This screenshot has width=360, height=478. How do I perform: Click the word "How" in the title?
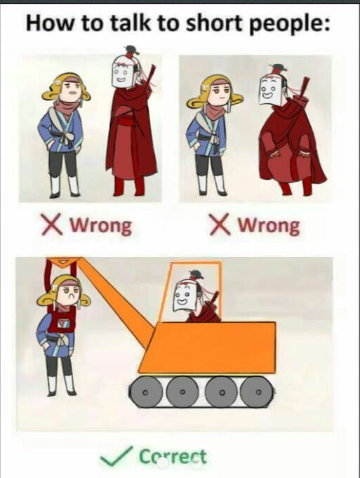[x=51, y=23]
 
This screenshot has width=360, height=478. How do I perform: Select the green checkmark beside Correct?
[x=116, y=456]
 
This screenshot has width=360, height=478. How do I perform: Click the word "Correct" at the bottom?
[x=173, y=457]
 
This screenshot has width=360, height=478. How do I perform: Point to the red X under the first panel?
[x=52, y=225]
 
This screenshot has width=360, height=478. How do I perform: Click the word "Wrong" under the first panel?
[x=101, y=226]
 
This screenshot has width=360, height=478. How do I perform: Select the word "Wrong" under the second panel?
[x=269, y=226]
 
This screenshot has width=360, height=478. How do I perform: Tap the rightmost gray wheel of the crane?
[x=258, y=392]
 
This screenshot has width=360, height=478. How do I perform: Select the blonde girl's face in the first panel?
[x=72, y=91]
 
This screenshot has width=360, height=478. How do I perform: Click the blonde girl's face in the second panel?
[x=220, y=93]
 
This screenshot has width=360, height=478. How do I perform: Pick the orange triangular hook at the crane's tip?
[x=65, y=263]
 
